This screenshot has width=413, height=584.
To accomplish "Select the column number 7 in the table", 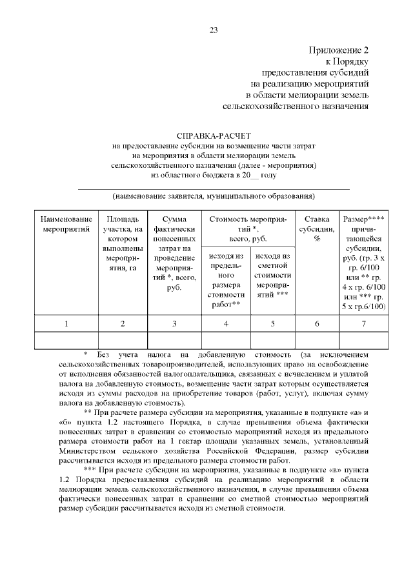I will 364,323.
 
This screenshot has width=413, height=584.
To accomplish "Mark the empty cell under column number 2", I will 123,339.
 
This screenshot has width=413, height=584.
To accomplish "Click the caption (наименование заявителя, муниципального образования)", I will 214,196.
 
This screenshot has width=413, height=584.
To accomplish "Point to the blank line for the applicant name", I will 214,186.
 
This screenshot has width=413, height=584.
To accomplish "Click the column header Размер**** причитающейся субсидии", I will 364,262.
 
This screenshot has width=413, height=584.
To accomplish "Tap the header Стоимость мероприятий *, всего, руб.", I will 248,228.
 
